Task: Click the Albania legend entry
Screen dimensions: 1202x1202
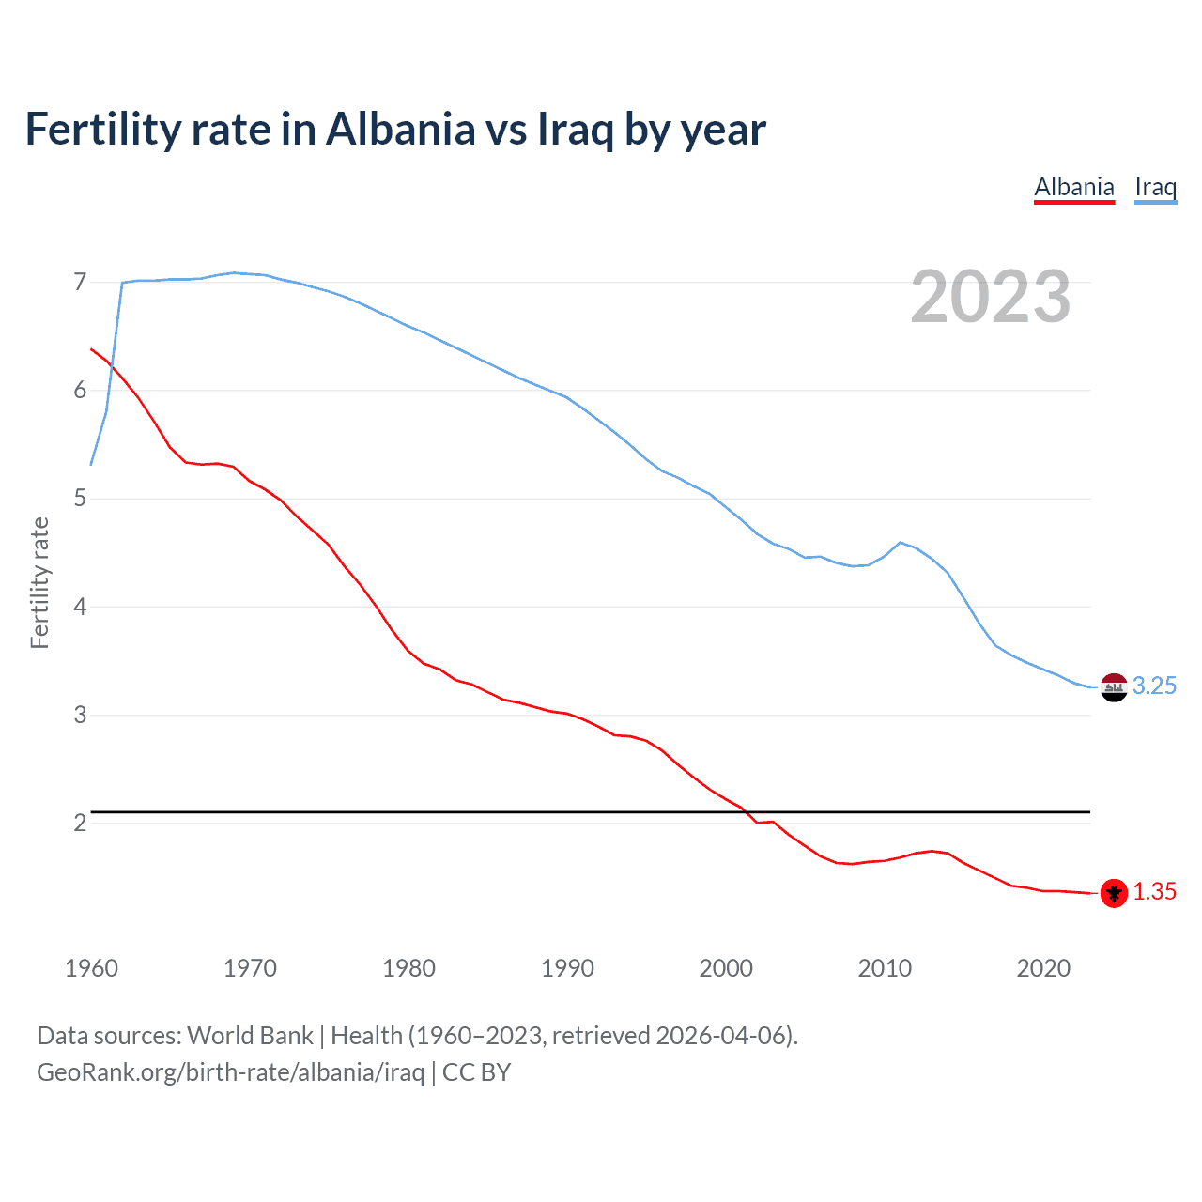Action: tap(1074, 187)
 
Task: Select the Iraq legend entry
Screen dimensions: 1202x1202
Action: tap(1155, 187)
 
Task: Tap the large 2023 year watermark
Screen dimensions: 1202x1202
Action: tap(991, 297)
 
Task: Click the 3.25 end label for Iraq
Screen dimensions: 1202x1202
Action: tap(1154, 686)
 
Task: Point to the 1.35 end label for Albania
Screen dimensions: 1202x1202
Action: tap(1154, 891)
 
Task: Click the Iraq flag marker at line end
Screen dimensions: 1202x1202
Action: tap(1114, 687)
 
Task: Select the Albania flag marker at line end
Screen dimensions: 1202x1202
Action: tap(1114, 893)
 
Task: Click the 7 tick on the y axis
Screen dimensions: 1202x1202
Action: tap(80, 282)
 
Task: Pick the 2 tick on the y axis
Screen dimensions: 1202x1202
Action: tap(80, 824)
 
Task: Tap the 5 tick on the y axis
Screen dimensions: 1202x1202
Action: tap(80, 499)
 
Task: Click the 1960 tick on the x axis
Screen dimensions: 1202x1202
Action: tap(91, 968)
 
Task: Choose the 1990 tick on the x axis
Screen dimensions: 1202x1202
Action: tap(567, 968)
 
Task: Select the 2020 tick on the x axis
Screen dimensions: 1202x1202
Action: tap(1043, 968)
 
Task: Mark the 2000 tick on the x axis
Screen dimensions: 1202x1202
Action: tap(726, 968)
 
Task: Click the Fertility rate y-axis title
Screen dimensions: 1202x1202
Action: tap(39, 582)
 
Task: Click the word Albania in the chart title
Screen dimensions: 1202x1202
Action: tap(401, 129)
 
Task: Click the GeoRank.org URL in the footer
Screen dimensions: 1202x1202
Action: tap(230, 1072)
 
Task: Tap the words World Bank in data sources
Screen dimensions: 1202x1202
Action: tap(250, 1036)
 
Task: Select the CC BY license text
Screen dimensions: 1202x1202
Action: tap(476, 1072)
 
